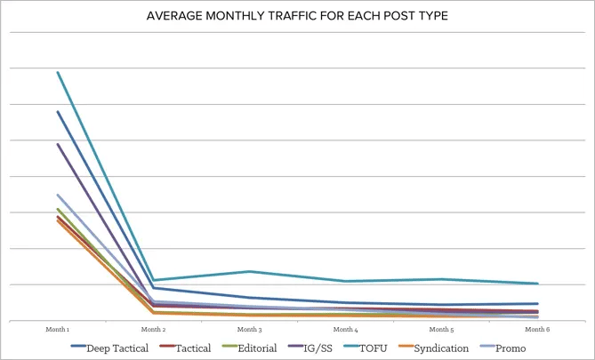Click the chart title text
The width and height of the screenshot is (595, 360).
click(x=297, y=16)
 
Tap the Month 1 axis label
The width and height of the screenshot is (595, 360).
click(x=58, y=329)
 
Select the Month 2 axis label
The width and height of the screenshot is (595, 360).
click(x=154, y=329)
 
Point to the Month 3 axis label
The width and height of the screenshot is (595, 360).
click(x=250, y=329)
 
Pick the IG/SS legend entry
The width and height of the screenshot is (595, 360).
click(x=315, y=348)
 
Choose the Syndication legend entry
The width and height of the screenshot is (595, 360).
click(x=440, y=348)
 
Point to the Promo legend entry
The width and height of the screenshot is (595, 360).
click(x=511, y=348)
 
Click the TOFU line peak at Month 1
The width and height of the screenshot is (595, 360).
click(x=59, y=72)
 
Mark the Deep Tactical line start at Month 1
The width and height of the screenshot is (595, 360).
click(x=59, y=111)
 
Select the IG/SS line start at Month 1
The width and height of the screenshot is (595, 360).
click(x=59, y=144)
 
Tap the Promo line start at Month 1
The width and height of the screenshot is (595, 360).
click(x=59, y=195)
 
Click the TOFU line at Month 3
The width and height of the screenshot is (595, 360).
click(x=250, y=271)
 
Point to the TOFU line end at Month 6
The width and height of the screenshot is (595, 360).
click(x=537, y=284)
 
